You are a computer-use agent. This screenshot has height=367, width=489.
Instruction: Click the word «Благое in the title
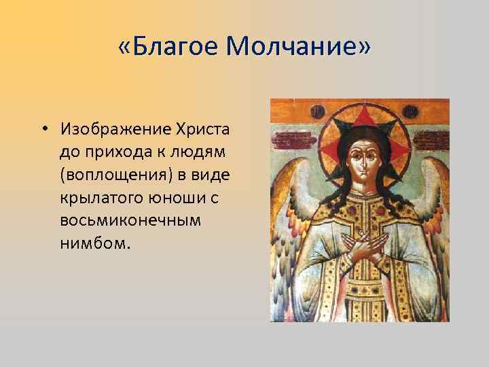[168, 47]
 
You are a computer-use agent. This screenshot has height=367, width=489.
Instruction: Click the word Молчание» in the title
[300, 47]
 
